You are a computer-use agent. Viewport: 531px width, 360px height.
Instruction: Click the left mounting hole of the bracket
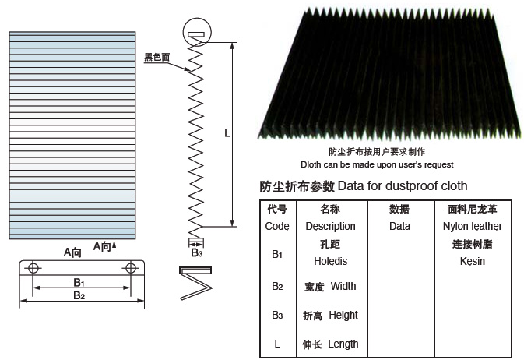(x=33, y=268)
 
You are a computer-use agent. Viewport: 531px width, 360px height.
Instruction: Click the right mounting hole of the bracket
(x=131, y=268)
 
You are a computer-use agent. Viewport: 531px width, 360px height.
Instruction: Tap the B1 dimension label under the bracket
(x=79, y=282)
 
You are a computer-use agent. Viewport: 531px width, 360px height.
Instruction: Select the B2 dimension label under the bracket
(x=79, y=295)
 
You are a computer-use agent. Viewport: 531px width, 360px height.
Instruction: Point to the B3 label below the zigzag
(x=197, y=252)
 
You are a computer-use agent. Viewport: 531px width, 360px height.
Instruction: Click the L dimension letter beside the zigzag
(x=227, y=133)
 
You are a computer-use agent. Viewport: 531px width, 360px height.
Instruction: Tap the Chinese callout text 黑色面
(x=156, y=57)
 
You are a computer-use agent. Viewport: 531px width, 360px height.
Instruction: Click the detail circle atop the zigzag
(x=197, y=32)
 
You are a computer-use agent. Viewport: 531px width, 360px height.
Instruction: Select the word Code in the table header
(x=277, y=226)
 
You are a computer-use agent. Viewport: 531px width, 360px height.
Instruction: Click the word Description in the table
(x=331, y=226)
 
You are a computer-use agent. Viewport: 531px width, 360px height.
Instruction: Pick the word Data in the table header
(x=399, y=226)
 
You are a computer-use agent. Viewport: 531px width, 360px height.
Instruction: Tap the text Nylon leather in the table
(x=473, y=226)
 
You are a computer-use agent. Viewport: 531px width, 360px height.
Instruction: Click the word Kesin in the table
(x=473, y=261)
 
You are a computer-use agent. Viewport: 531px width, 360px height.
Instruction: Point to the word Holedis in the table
(x=331, y=261)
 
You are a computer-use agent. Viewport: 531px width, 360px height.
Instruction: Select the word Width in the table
(x=343, y=286)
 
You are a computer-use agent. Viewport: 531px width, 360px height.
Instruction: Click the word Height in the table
(x=343, y=316)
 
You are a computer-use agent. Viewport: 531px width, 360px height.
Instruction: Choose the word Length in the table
(x=343, y=344)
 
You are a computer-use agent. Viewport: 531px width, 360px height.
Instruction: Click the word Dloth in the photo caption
(x=311, y=164)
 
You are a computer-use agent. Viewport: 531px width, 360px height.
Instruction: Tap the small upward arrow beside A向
(x=114, y=246)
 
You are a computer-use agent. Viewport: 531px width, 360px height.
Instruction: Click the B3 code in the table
(x=277, y=316)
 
